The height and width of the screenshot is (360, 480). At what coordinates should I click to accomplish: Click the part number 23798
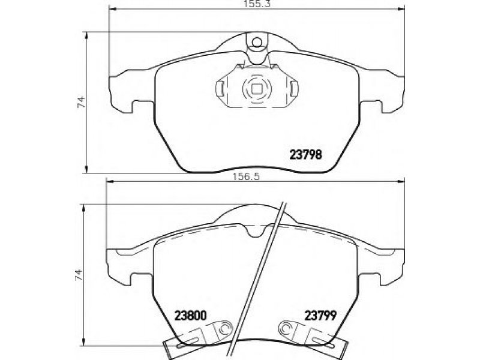306,155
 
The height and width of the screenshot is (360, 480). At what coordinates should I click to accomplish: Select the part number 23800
190,316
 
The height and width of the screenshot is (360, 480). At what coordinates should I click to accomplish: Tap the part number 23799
320,316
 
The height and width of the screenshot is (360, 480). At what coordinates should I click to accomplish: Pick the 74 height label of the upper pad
81,102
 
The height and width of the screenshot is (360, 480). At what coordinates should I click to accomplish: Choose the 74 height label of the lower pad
79,275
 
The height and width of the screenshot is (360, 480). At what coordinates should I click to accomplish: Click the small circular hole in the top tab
257,42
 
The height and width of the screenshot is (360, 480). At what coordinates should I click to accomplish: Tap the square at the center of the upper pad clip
257,89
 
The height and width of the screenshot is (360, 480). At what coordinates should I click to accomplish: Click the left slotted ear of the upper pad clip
220,88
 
